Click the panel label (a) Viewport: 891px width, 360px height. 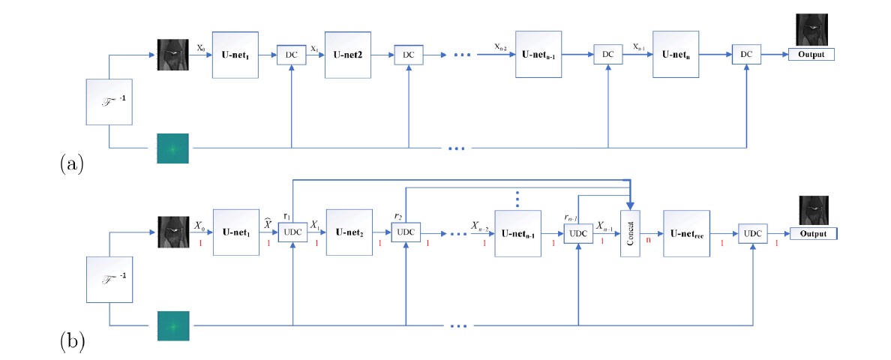tap(71, 163)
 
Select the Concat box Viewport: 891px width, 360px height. tap(631, 232)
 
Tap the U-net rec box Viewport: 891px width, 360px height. tap(686, 233)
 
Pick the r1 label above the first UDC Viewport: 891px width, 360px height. tap(286, 215)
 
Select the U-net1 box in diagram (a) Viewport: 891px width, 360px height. tap(235, 55)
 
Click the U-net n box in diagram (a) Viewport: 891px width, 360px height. tap(676, 55)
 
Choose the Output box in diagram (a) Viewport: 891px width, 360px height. tap(811, 54)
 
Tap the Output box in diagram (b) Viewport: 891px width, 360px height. tap(811, 233)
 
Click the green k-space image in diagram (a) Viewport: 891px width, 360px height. tap(172, 148)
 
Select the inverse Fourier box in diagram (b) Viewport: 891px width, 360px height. tap(110, 280)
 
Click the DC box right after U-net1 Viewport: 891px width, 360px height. tap(290, 55)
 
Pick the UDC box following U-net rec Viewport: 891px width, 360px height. tap(752, 233)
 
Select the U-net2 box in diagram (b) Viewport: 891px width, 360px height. tap(349, 233)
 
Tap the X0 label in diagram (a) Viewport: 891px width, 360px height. tap(201, 46)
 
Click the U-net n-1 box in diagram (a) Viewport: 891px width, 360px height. tap(538, 55)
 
